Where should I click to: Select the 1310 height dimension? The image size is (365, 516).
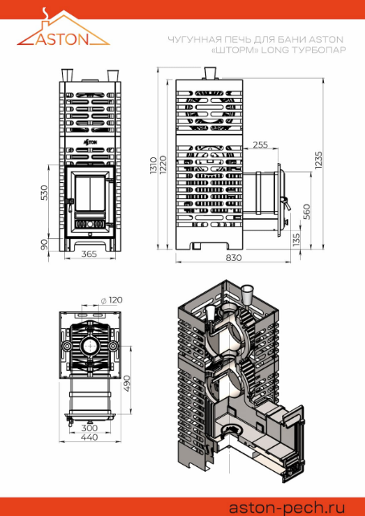[154, 165]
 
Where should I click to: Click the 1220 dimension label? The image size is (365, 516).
[162, 165]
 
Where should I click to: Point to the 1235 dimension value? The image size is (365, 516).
[318, 160]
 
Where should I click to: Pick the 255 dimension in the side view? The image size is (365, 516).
[260, 144]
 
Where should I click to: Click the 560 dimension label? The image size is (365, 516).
[306, 212]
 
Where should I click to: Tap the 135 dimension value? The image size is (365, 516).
[297, 240]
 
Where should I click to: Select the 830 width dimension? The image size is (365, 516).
[234, 258]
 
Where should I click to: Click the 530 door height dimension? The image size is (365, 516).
[44, 193]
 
